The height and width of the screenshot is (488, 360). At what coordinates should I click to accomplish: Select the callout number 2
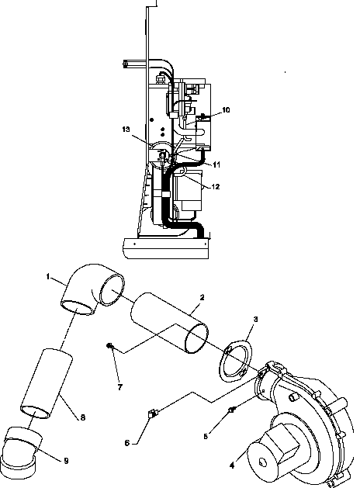click(x=202, y=297)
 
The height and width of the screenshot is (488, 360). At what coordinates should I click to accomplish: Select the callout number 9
click(x=65, y=461)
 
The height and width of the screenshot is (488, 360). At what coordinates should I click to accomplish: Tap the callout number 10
click(x=226, y=111)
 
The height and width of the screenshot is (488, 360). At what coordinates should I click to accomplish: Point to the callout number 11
click(x=216, y=164)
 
